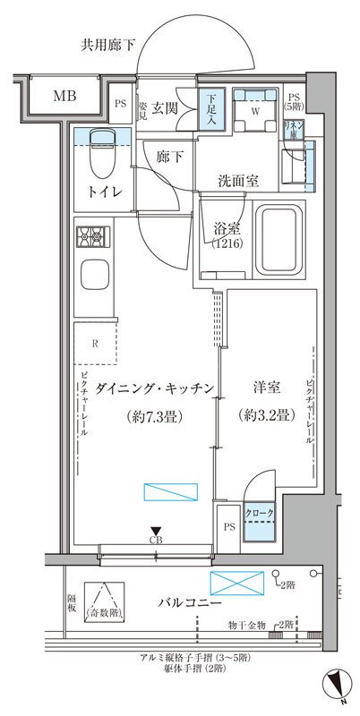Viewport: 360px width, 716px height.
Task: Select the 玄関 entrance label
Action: tap(165, 108)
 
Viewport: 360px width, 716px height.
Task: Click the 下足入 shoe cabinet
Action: tap(208, 109)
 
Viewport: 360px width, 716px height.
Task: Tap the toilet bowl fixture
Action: tap(99, 159)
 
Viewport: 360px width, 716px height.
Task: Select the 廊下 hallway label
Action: tap(171, 157)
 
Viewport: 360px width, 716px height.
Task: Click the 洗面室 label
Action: tap(239, 181)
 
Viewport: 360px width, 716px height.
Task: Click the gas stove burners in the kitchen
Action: tap(91, 239)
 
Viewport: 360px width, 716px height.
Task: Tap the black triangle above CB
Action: tap(156, 531)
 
